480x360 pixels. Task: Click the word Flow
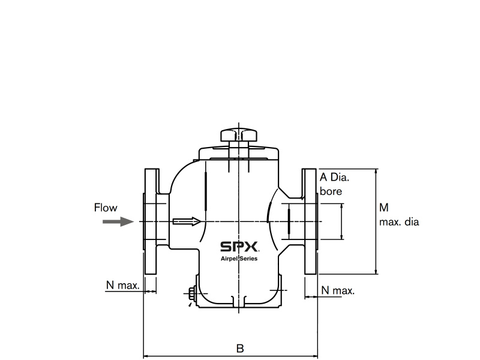[106, 208]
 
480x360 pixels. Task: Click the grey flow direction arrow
[118, 221]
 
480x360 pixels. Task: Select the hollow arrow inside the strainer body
[185, 221]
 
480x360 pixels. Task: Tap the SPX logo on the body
[239, 247]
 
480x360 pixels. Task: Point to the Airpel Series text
[239, 259]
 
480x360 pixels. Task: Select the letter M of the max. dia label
[384, 208]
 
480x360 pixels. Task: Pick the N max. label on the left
[122, 285]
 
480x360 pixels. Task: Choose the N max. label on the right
[338, 290]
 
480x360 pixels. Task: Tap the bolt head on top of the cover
[239, 134]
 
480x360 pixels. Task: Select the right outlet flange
[310, 222]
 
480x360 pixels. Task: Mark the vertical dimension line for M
[376, 222]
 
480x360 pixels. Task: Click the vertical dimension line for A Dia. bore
[343, 222]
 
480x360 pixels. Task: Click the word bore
[331, 191]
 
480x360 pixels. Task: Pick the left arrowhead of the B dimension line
[146, 356]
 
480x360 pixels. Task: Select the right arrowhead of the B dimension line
[314, 356]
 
